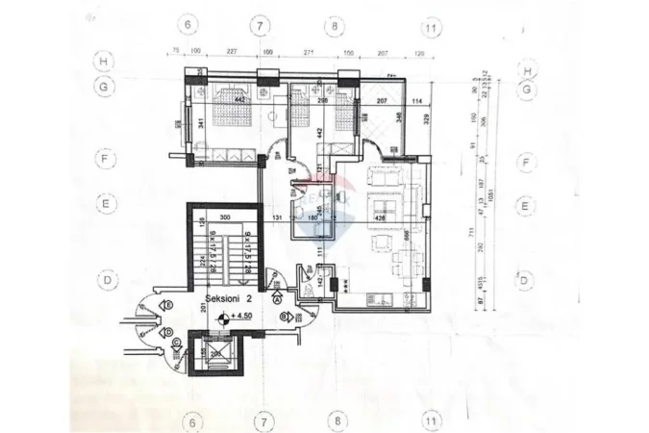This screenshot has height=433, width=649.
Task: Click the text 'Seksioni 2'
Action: [x=228, y=300]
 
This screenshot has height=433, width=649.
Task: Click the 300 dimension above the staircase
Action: [x=226, y=218]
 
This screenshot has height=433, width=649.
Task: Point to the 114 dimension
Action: [x=416, y=102]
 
